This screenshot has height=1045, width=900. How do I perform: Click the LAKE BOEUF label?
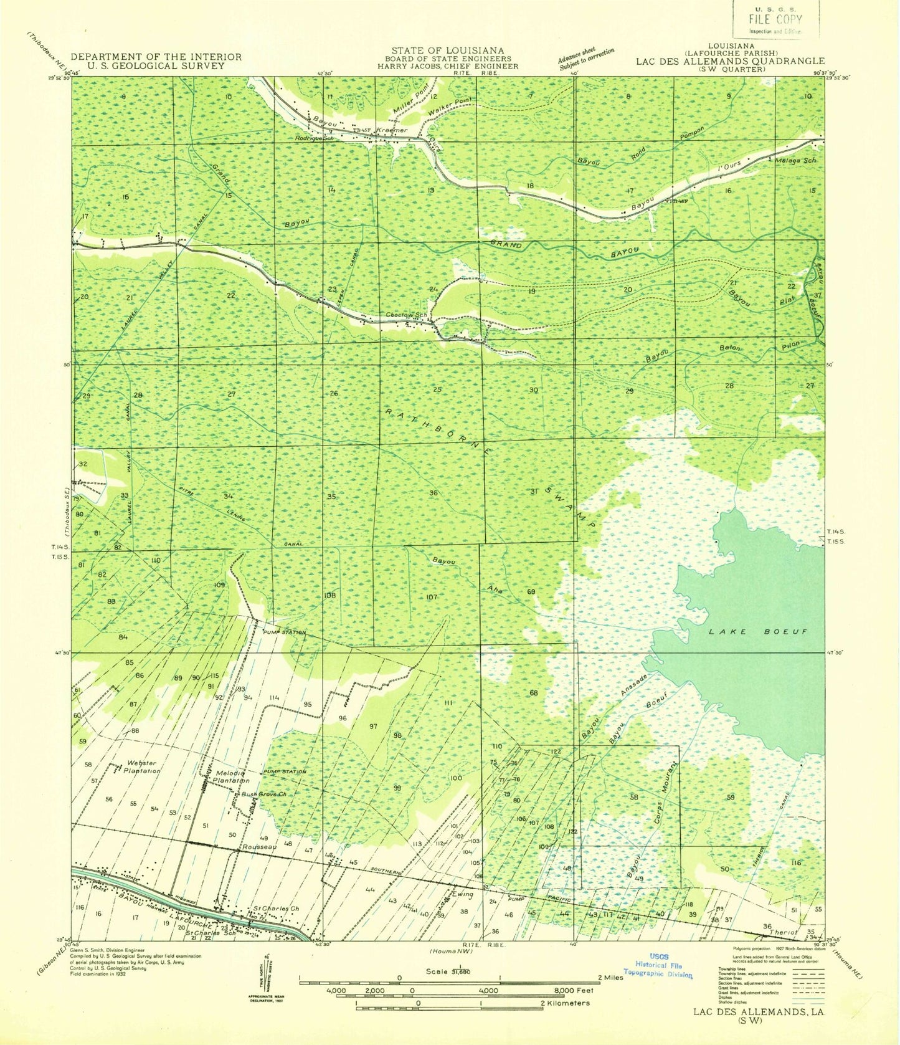[x=758, y=631]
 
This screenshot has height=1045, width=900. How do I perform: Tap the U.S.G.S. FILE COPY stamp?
[x=775, y=19]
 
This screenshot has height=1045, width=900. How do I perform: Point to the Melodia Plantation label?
[x=232, y=776]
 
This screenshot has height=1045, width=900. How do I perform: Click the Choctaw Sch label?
[x=408, y=315]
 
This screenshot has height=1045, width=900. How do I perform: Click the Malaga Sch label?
[x=795, y=161]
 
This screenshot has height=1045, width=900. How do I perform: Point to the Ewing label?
[x=463, y=894]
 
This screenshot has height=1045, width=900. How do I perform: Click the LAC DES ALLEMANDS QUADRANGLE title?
[x=730, y=61]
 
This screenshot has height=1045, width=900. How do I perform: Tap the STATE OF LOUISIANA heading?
[x=448, y=50]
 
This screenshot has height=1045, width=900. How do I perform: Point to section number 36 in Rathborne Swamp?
[x=433, y=493]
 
